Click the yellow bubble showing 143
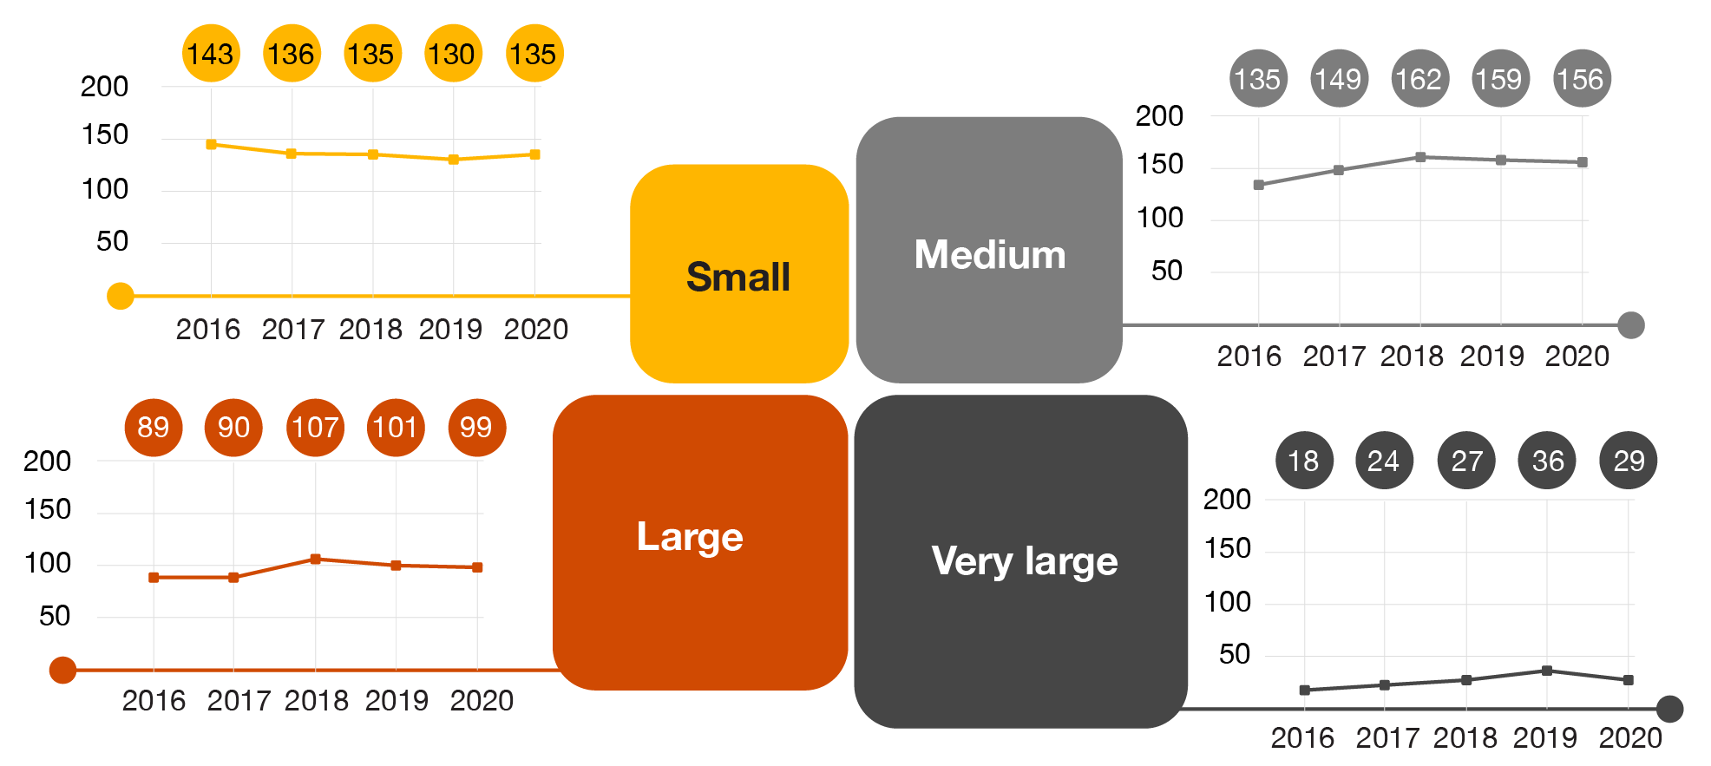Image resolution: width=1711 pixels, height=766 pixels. [x=211, y=54]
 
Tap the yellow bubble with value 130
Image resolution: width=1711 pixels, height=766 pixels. [x=452, y=54]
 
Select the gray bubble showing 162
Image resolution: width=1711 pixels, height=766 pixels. [x=1419, y=79]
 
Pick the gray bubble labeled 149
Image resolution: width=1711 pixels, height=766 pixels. [x=1339, y=79]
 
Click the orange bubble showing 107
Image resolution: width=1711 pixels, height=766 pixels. [x=315, y=427]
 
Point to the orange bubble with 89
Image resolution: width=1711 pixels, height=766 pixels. [x=154, y=427]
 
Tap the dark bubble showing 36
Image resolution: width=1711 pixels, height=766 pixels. [x=1547, y=461]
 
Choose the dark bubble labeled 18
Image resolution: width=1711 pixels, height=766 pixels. [x=1303, y=461]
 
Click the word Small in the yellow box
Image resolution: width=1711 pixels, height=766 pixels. [x=738, y=278]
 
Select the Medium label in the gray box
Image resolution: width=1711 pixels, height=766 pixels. [x=990, y=255]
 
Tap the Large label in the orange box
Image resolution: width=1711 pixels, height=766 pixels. [x=690, y=537]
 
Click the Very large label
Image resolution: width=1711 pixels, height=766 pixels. [x=1025, y=561]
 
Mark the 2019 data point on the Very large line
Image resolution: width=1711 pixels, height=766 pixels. [x=1547, y=671]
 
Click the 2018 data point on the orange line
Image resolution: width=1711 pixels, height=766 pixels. [x=316, y=560]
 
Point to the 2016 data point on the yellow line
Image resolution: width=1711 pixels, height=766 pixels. [x=211, y=145]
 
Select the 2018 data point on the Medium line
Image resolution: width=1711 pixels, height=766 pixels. [x=1420, y=157]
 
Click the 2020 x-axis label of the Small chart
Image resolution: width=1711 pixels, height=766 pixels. [x=535, y=330]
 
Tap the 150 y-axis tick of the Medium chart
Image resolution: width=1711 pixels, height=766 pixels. [x=1159, y=164]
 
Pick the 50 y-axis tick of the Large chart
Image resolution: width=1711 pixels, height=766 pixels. [x=55, y=616]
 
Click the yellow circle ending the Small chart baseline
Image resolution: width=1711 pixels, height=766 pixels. [x=121, y=296]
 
